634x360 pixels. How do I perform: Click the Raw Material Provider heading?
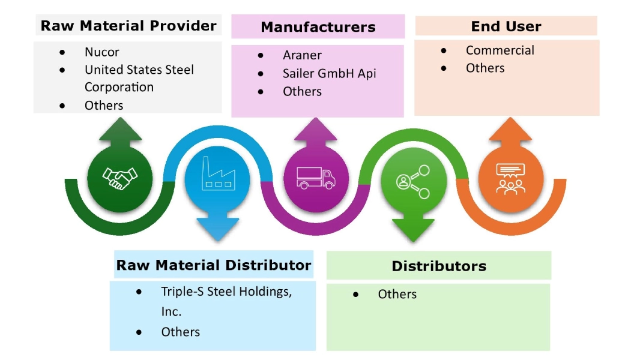point(128,26)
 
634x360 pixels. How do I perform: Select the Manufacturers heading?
point(318,27)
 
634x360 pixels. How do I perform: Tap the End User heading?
point(506,26)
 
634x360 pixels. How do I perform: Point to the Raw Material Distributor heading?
point(213,265)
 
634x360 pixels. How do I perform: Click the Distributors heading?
point(438,266)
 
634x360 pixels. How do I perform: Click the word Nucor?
point(101,52)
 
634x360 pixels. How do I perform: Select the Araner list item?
point(302,55)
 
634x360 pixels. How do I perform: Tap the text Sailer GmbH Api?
point(329,73)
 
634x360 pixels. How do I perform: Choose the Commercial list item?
point(500,50)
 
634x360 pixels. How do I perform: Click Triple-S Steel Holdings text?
point(226,292)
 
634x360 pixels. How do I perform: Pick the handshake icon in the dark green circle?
point(120,178)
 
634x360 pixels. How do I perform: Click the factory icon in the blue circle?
point(217,177)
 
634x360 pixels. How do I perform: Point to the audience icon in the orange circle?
point(510,178)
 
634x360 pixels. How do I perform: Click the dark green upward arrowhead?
point(120,130)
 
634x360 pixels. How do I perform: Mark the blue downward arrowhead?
point(217,229)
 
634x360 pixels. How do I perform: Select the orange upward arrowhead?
point(510,130)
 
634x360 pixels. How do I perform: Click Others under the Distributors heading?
point(397,294)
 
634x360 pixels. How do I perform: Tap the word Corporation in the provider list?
point(119,87)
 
